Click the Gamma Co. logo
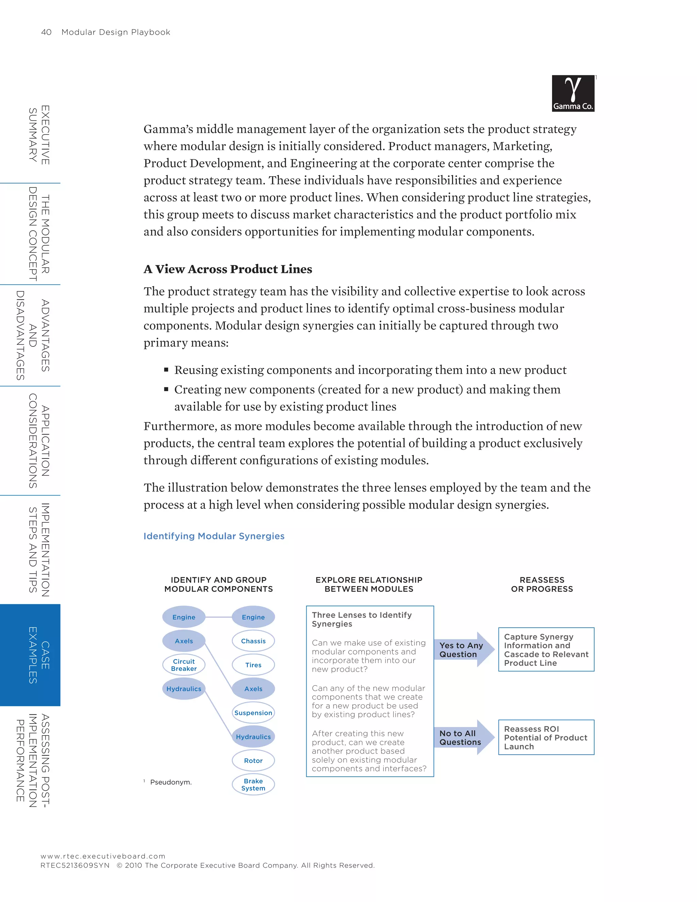(573, 93)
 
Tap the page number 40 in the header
(46, 32)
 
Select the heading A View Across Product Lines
(228, 269)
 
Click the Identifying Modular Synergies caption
(214, 536)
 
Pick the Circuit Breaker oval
(184, 665)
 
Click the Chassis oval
(253, 641)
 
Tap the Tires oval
(253, 665)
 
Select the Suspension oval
(253, 713)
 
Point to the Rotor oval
(253, 761)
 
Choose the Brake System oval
(253, 785)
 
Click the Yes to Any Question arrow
(463, 650)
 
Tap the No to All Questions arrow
(463, 738)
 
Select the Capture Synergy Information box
(546, 650)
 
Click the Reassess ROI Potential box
(546, 738)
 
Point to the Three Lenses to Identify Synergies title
(361, 619)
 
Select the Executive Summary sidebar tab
(39, 135)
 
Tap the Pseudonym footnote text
(171, 782)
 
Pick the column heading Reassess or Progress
(542, 584)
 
